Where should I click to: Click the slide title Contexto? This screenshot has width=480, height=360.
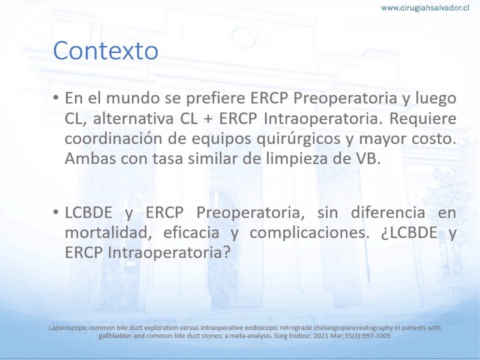[106, 50]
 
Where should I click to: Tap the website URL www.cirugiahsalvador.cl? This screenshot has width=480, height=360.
[425, 8]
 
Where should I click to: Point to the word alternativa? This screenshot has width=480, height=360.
[133, 118]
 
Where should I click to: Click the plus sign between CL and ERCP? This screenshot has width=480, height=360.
[208, 119]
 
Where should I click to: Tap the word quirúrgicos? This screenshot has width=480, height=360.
[298, 139]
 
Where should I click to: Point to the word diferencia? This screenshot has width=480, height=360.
[388, 212]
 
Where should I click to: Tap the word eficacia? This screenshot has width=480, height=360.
[191, 233]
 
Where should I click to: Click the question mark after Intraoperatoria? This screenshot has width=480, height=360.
[227, 253]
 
